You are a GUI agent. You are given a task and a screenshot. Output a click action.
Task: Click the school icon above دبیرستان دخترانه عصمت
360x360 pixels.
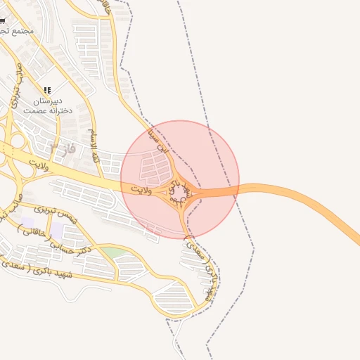tap(48, 90)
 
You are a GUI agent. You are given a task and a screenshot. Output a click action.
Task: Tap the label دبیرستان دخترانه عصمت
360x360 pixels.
tap(48, 106)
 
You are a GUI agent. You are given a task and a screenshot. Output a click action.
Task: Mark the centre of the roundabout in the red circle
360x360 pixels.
tap(179, 189)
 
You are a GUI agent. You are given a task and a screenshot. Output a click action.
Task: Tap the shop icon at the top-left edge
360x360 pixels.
tap(2, 21)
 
